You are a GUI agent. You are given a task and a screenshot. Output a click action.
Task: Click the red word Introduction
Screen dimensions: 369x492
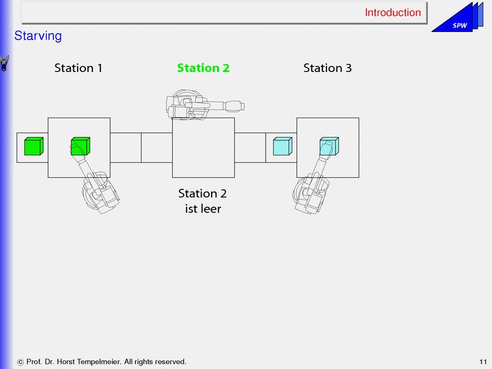coord(392,12)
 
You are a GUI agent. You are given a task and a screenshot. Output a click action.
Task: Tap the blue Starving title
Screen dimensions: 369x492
coord(38,36)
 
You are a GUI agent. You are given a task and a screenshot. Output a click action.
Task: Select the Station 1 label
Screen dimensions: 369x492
coord(78,68)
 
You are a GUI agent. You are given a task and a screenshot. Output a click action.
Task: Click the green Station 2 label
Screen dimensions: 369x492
coord(203,68)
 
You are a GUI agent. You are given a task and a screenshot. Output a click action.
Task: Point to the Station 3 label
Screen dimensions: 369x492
coord(327,68)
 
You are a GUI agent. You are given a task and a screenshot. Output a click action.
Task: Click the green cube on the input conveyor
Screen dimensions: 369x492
coord(33,147)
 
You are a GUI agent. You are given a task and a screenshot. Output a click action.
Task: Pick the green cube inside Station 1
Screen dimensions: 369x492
coord(80,146)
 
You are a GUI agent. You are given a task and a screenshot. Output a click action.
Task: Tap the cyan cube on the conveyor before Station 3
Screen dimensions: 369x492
coord(282,147)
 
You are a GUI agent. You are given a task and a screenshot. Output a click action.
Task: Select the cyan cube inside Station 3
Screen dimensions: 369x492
coord(328,146)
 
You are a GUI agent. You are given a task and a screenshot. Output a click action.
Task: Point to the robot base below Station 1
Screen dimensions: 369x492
coord(100,196)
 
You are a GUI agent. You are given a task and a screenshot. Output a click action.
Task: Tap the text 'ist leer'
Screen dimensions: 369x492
coord(203,208)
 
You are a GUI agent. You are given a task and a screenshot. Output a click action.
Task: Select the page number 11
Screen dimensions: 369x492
coord(482,362)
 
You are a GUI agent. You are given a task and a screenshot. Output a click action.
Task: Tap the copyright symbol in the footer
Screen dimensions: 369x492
coord(22,362)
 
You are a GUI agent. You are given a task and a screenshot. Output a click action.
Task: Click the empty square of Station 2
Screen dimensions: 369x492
coord(203,148)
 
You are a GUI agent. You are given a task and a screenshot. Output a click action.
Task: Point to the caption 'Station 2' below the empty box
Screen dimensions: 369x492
coord(203,194)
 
